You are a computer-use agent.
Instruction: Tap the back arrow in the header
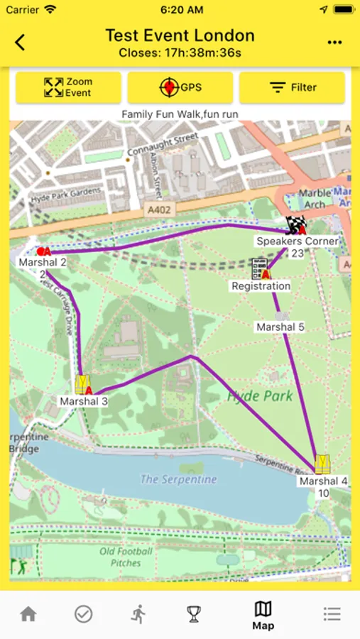pos(20,43)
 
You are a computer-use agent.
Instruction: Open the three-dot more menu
pos(334,43)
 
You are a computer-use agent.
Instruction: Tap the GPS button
pos(180,88)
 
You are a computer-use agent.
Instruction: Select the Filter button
pos(292,88)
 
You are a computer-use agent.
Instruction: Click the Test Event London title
pos(180,35)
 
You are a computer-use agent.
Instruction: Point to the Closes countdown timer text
pos(180,53)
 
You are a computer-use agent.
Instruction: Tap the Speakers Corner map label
pos(297,241)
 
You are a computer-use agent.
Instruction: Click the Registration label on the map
pos(261,286)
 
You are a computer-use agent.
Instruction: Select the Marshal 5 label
pos(280,327)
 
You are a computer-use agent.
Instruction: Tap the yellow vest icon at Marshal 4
pos(322,464)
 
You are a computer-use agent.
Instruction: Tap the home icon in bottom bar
pos(28,614)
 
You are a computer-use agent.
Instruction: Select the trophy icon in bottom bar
pos(194,614)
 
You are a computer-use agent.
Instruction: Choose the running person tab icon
pos(138,614)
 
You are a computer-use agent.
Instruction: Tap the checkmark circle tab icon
pos(84,614)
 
